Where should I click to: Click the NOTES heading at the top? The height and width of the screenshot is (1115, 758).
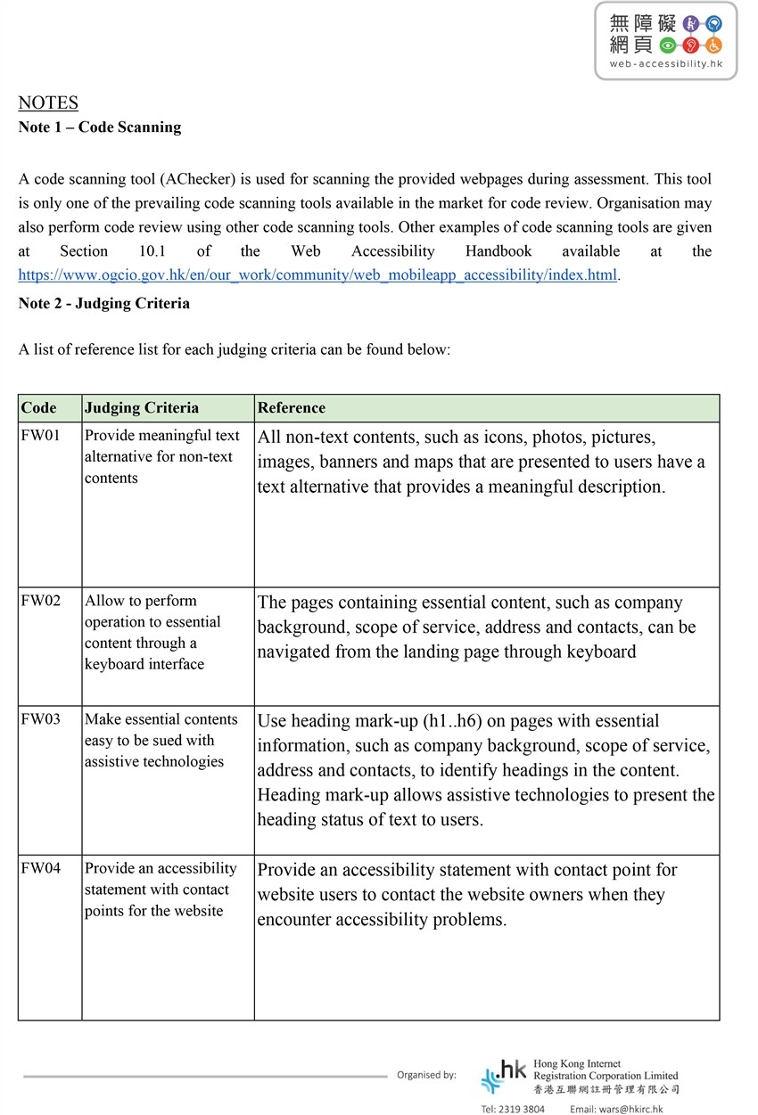(x=48, y=102)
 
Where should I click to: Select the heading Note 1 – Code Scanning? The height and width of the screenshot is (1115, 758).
(x=100, y=127)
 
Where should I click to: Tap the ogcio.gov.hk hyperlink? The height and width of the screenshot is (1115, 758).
(x=317, y=275)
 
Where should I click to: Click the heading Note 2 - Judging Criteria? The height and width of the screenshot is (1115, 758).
(x=104, y=303)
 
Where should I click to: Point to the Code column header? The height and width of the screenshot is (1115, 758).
(x=38, y=408)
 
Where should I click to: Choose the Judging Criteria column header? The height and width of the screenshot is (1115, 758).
(x=142, y=408)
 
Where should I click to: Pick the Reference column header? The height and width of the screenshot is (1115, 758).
(x=292, y=408)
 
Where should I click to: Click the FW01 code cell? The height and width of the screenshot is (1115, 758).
(x=41, y=436)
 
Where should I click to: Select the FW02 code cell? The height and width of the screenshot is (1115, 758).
(x=41, y=601)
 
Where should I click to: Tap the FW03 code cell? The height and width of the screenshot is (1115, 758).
(x=41, y=719)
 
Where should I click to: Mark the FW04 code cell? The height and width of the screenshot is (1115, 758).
(x=41, y=868)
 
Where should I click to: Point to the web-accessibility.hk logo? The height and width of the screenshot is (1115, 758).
(x=665, y=41)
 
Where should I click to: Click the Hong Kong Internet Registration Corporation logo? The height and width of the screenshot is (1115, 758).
(x=580, y=1076)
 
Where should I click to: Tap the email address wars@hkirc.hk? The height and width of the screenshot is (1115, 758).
(x=632, y=1109)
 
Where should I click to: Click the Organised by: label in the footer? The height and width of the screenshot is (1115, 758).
(x=426, y=1075)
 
